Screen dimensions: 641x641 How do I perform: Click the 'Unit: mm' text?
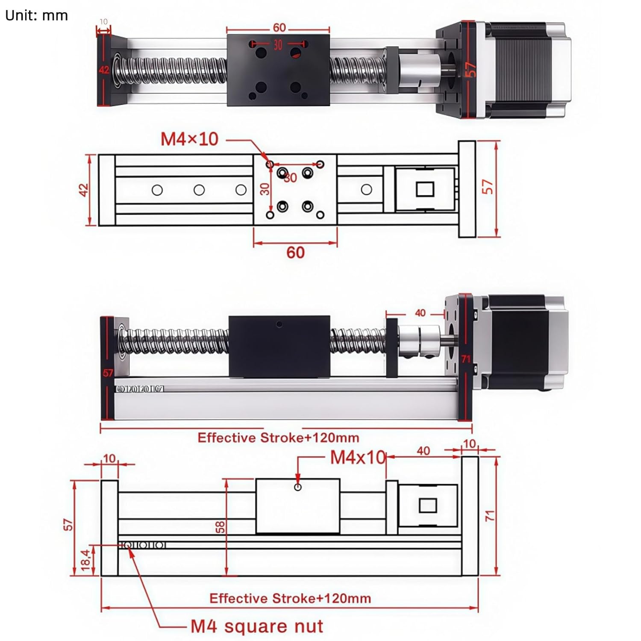pos(36,15)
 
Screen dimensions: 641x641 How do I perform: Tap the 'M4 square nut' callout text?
pos(256,626)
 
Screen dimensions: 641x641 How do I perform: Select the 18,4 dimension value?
pos(86,560)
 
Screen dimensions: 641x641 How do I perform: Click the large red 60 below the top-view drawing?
pos(295,253)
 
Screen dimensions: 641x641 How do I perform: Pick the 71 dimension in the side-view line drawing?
pos(490,515)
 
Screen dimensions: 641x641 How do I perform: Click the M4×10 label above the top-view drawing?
pos(189,139)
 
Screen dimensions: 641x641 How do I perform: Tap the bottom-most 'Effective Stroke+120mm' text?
pos(290,598)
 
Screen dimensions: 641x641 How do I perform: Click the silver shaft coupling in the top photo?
pos(419,71)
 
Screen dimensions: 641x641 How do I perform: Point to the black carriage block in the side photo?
pos(279,347)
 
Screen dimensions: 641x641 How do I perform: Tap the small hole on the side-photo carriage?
pos(279,324)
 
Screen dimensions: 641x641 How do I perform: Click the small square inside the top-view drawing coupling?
pos(425,189)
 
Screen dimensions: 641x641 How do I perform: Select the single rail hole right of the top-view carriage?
pos(366,189)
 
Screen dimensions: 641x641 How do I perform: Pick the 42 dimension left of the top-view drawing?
pos(83,190)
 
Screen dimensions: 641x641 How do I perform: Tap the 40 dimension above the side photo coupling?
pos(420,313)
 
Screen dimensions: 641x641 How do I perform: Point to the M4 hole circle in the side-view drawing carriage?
pos(298,487)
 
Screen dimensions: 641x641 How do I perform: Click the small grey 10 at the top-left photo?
pos(103,21)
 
